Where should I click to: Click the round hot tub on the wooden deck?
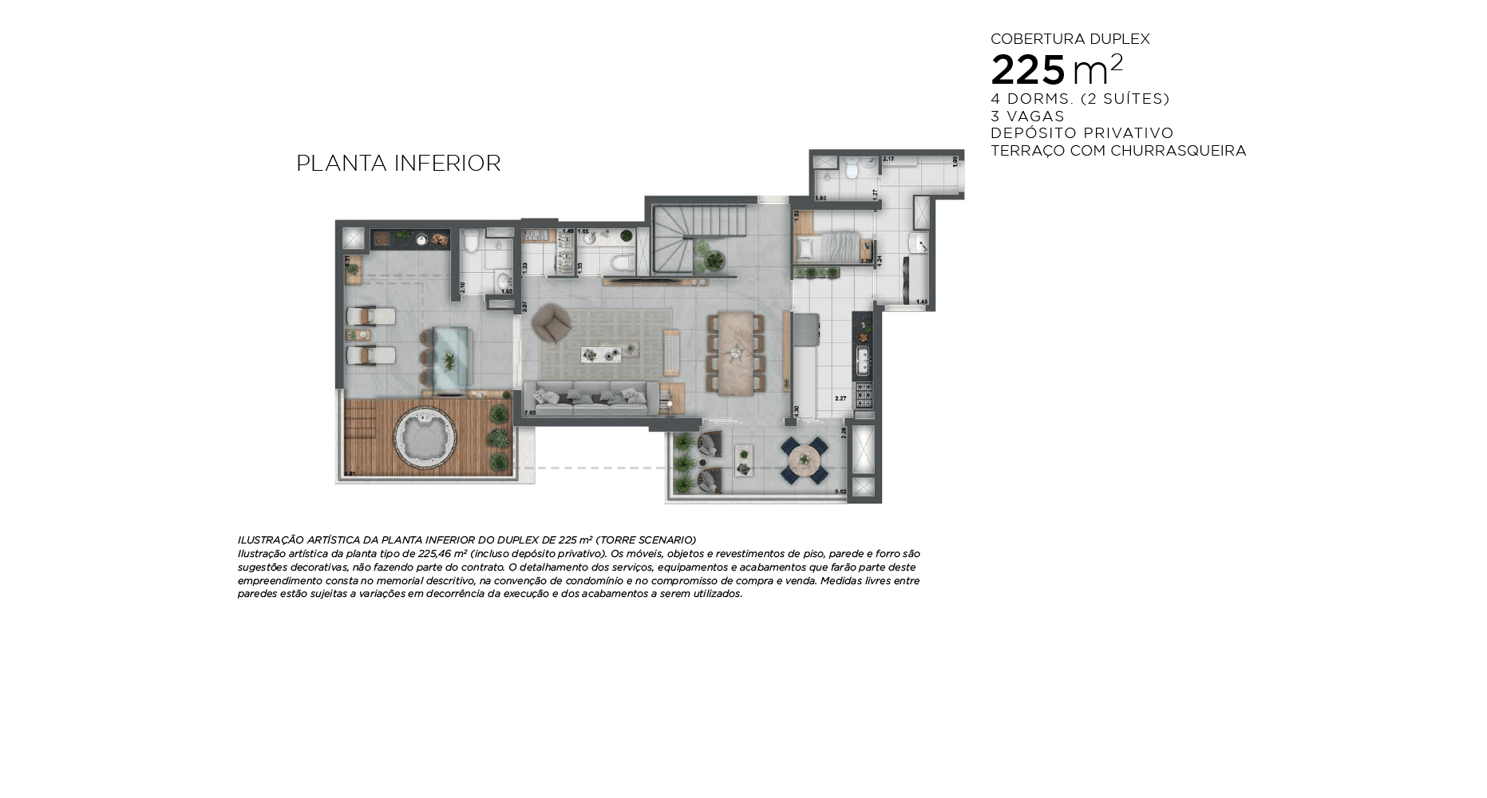425,439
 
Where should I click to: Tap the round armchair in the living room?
551,322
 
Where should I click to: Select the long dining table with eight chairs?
735,354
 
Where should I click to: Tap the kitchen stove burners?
864,394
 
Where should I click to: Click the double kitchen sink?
863,361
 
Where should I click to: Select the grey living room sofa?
591,397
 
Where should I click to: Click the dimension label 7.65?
530,413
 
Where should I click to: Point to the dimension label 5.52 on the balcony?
840,492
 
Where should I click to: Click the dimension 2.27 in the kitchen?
840,398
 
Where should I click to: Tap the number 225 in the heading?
1028,70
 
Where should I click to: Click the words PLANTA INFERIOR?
398,164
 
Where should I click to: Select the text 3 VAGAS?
1027,116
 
